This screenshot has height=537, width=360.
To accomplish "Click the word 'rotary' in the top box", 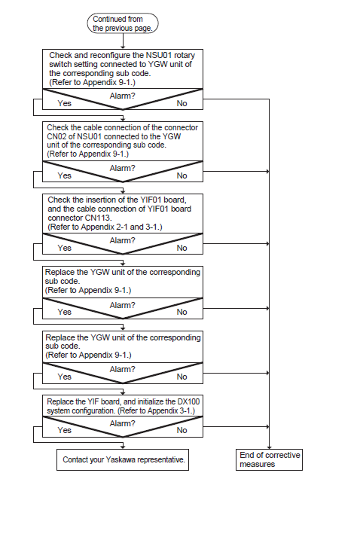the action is coord(185,55).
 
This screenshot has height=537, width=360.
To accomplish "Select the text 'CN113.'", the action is coord(99,218).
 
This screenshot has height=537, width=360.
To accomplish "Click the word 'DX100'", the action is coord(188,401).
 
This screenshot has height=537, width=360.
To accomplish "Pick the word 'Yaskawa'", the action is coord(120,459).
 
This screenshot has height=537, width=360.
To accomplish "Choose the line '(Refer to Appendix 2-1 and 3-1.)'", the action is coord(105,227).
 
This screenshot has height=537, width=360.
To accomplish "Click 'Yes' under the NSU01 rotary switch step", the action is coord(65,103).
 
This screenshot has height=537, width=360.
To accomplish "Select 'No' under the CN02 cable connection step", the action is coord(182,175).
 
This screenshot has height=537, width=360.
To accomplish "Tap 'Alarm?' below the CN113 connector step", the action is coord(122,240).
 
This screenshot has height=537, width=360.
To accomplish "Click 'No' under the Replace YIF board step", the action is coord(182,430).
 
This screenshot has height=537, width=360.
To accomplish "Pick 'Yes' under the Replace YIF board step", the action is coord(65,430).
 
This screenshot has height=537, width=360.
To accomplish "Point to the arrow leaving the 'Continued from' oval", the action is coord(123,41).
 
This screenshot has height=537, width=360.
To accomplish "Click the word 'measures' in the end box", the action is coord(258,464).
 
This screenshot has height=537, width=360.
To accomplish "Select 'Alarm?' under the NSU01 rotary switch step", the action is coord(122,96).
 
